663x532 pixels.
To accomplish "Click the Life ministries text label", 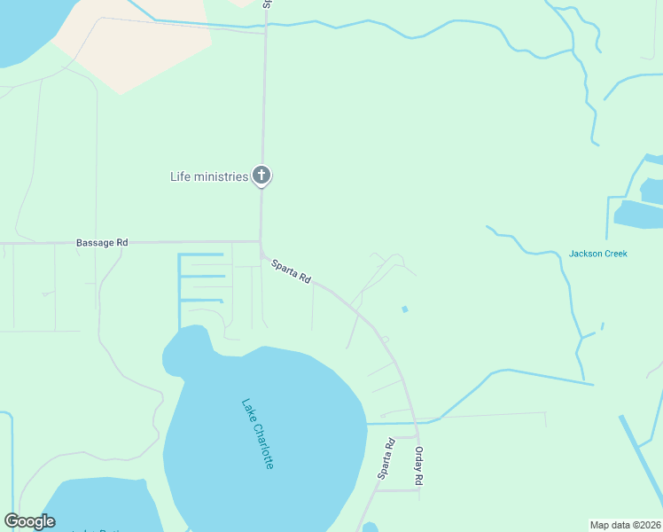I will [x=208, y=176].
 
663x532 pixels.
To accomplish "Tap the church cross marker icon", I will [x=261, y=176].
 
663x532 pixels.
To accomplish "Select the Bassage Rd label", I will [x=102, y=242].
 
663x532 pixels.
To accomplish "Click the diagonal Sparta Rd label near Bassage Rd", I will [x=292, y=271].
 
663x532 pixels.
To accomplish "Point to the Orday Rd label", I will [x=418, y=465].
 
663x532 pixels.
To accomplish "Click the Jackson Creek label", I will [x=597, y=254].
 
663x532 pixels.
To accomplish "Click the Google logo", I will [x=29, y=521].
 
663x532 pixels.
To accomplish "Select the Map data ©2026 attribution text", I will [x=625, y=524].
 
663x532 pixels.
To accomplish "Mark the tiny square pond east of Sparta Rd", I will [x=405, y=309].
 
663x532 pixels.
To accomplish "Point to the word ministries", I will [x=222, y=176].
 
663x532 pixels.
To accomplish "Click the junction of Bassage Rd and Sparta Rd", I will [x=261, y=242].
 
